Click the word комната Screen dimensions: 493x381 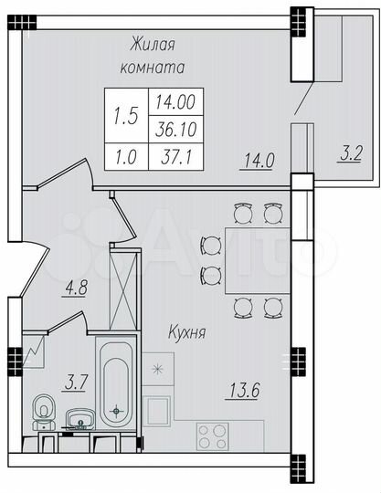pyautogui.click(x=153, y=67)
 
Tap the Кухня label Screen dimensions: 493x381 pyautogui.click(x=186, y=333)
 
